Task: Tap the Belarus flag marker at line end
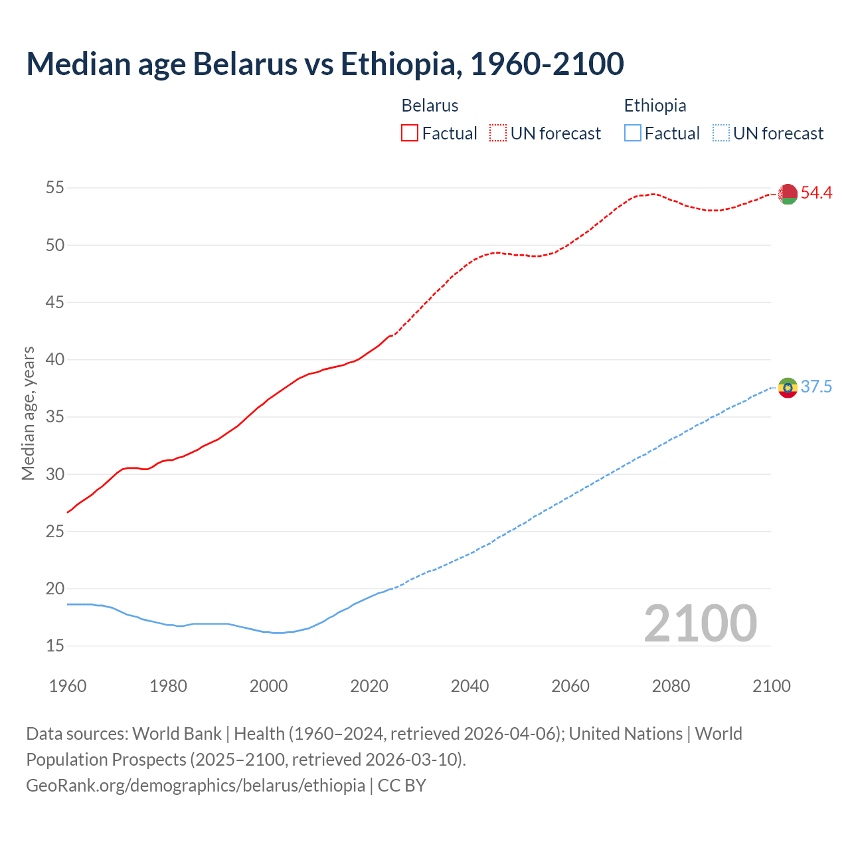788,194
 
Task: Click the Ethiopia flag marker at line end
788,387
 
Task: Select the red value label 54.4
816,193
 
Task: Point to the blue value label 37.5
816,387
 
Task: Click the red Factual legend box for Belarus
410,133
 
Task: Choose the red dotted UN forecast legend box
498,133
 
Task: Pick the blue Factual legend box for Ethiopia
633,133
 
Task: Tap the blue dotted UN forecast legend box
721,133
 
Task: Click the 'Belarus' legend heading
430,106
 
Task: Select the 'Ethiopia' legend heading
655,106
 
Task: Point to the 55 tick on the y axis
54,188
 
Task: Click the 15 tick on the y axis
54,646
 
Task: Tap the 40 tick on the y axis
54,360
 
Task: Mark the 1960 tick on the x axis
68,686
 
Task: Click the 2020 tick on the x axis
369,686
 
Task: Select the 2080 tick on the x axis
671,686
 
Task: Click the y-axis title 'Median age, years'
28,413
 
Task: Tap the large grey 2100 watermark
700,624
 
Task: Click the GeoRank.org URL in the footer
195,786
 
